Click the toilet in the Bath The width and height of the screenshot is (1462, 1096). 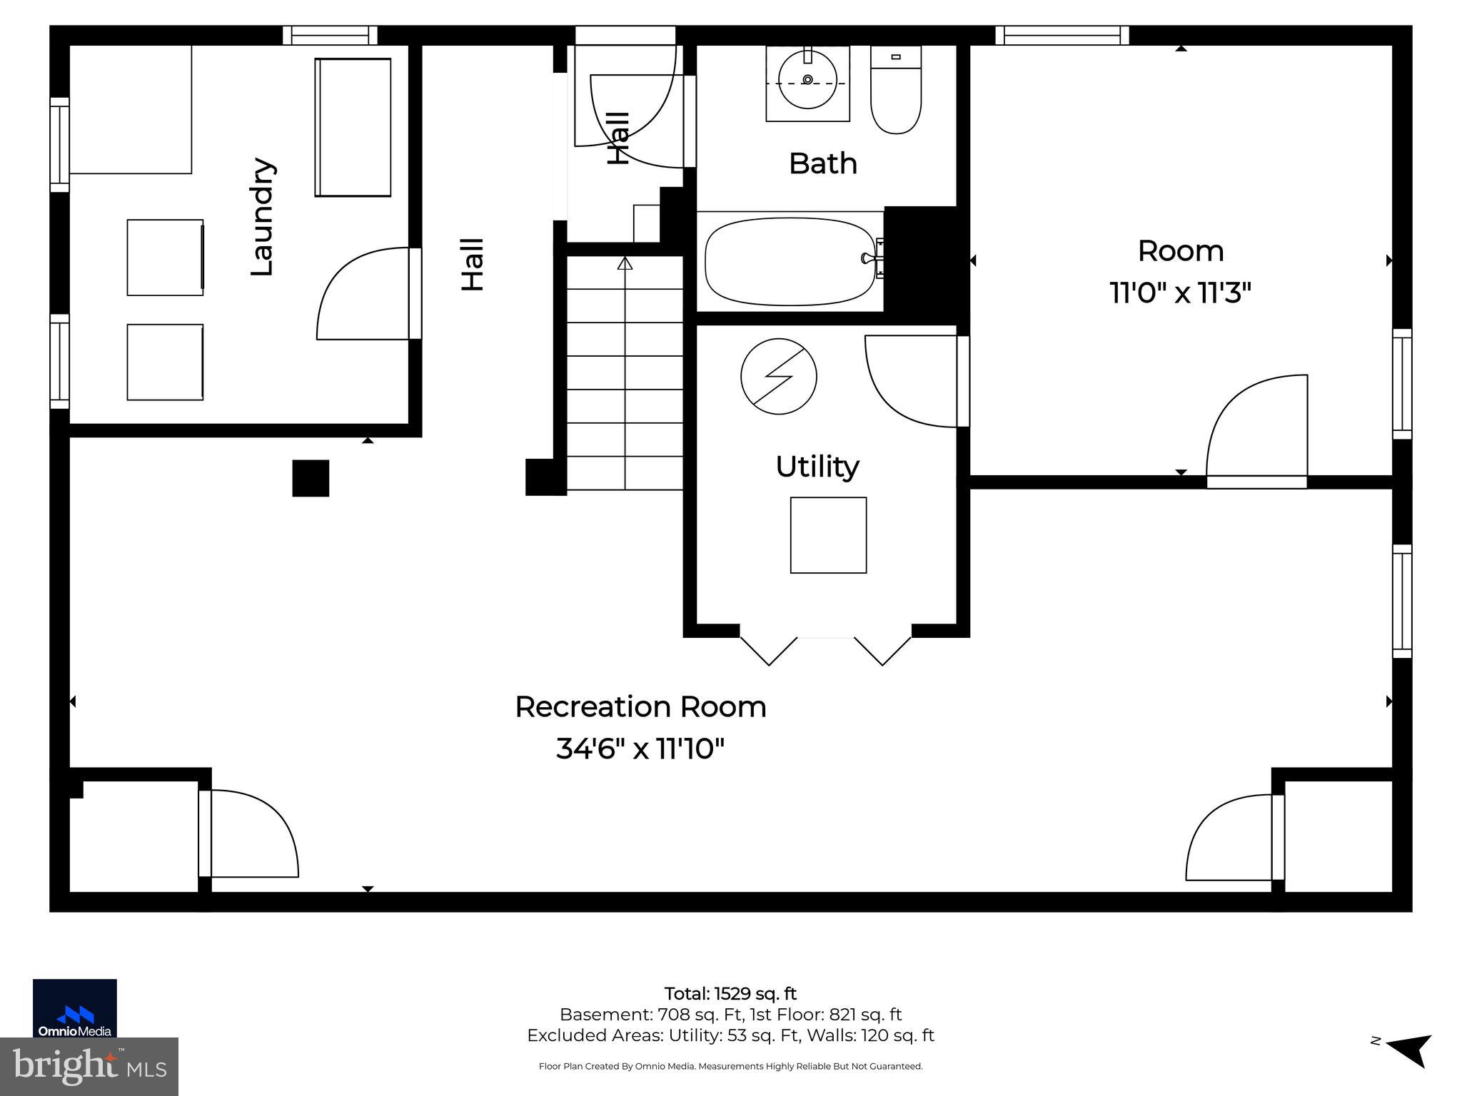coord(896,91)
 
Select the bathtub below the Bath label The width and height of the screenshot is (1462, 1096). coord(790,262)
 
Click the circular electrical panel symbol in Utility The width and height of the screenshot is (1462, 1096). coord(778,376)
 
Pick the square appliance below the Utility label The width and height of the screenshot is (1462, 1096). coord(828,535)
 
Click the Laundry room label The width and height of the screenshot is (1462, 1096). coord(262,216)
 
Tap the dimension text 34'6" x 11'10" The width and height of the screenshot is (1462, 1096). coord(640,749)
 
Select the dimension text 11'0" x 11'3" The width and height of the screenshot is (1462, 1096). coord(1180,293)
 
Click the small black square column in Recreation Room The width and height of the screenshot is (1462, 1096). coord(311,478)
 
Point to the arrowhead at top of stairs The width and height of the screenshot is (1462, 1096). coord(625,263)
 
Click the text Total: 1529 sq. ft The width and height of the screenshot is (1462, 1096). coord(730,993)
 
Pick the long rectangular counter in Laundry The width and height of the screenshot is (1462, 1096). coord(353,127)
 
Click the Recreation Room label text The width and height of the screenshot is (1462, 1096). coord(640,707)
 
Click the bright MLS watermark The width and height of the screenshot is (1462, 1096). coord(89,1066)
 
